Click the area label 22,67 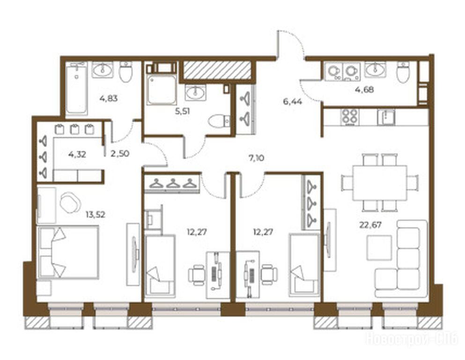click(x=370, y=225)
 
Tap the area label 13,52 click(x=96, y=214)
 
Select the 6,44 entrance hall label click(x=292, y=102)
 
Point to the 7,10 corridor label click(x=257, y=158)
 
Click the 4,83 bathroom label click(x=109, y=98)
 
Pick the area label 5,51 click(x=183, y=111)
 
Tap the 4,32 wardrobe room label click(x=77, y=154)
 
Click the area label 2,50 click(x=120, y=154)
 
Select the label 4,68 click(x=364, y=89)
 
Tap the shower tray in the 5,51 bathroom click(x=162, y=90)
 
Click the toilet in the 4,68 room click(x=403, y=72)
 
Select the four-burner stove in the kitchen click(x=350, y=117)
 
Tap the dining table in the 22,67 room click(x=380, y=183)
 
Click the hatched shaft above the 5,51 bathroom click(x=217, y=70)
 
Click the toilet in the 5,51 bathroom click(x=219, y=121)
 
